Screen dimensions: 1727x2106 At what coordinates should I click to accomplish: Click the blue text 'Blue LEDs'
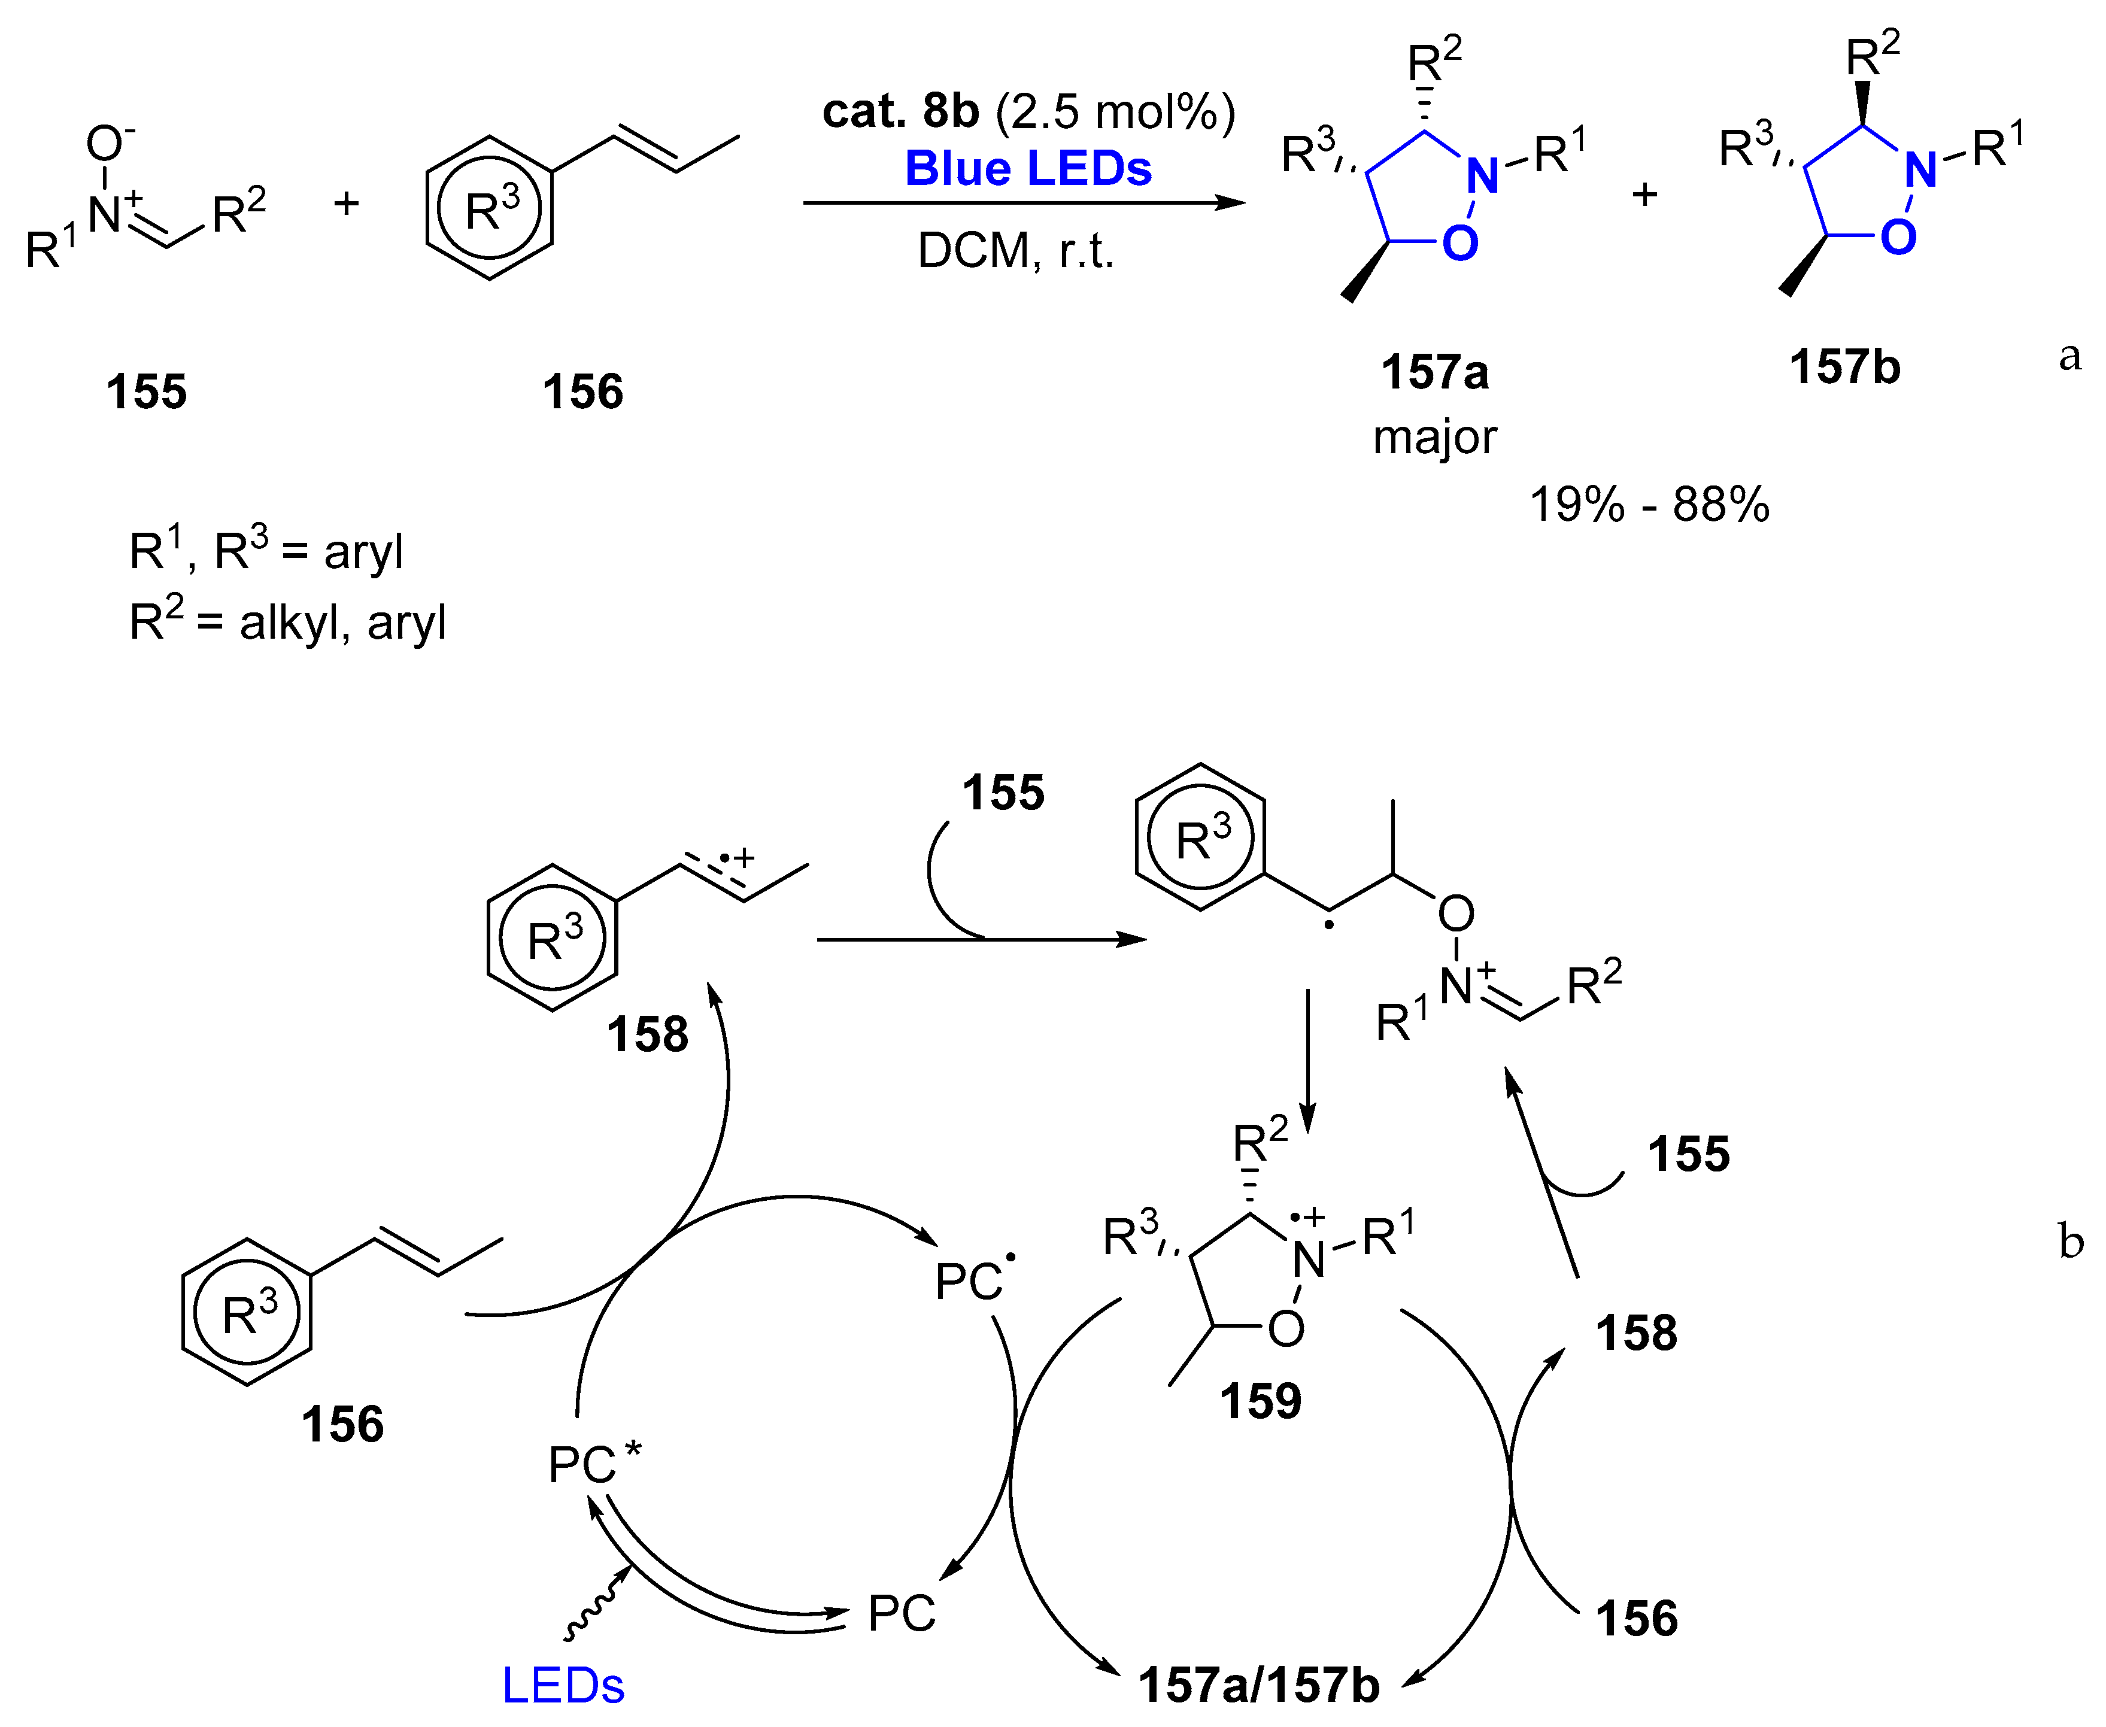(1028, 169)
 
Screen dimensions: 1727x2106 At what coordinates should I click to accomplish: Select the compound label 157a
(1434, 373)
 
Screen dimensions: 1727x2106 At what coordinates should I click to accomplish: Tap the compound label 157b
(1844, 367)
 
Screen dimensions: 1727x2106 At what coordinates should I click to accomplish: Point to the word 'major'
(1434, 438)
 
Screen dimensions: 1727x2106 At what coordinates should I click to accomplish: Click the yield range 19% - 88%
(1649, 505)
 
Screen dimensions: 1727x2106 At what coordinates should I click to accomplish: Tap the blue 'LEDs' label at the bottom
(563, 1685)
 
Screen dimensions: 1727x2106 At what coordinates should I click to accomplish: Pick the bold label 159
(1260, 1401)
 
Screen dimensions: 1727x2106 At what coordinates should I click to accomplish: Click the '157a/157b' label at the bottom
(1258, 1685)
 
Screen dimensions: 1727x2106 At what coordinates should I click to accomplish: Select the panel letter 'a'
(2069, 355)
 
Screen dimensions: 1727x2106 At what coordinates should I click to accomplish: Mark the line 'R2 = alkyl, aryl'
(287, 623)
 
